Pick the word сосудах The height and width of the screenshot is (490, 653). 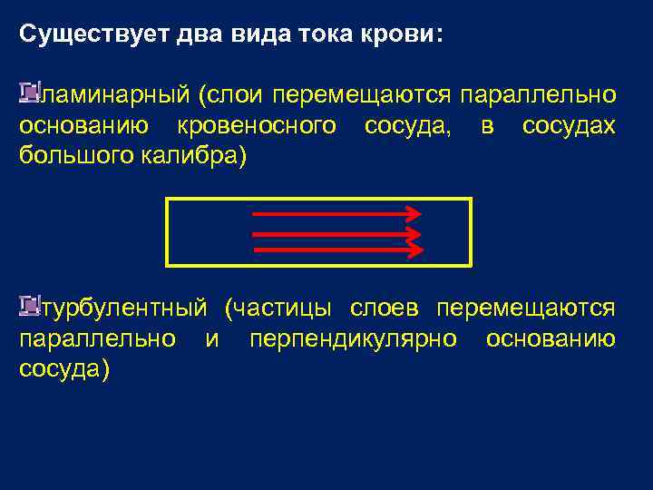569,125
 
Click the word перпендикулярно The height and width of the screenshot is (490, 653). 351,339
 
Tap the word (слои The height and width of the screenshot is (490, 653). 231,95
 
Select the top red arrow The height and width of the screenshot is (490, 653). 336,214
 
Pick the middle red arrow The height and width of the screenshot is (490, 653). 336,231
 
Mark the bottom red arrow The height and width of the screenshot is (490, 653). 336,248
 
